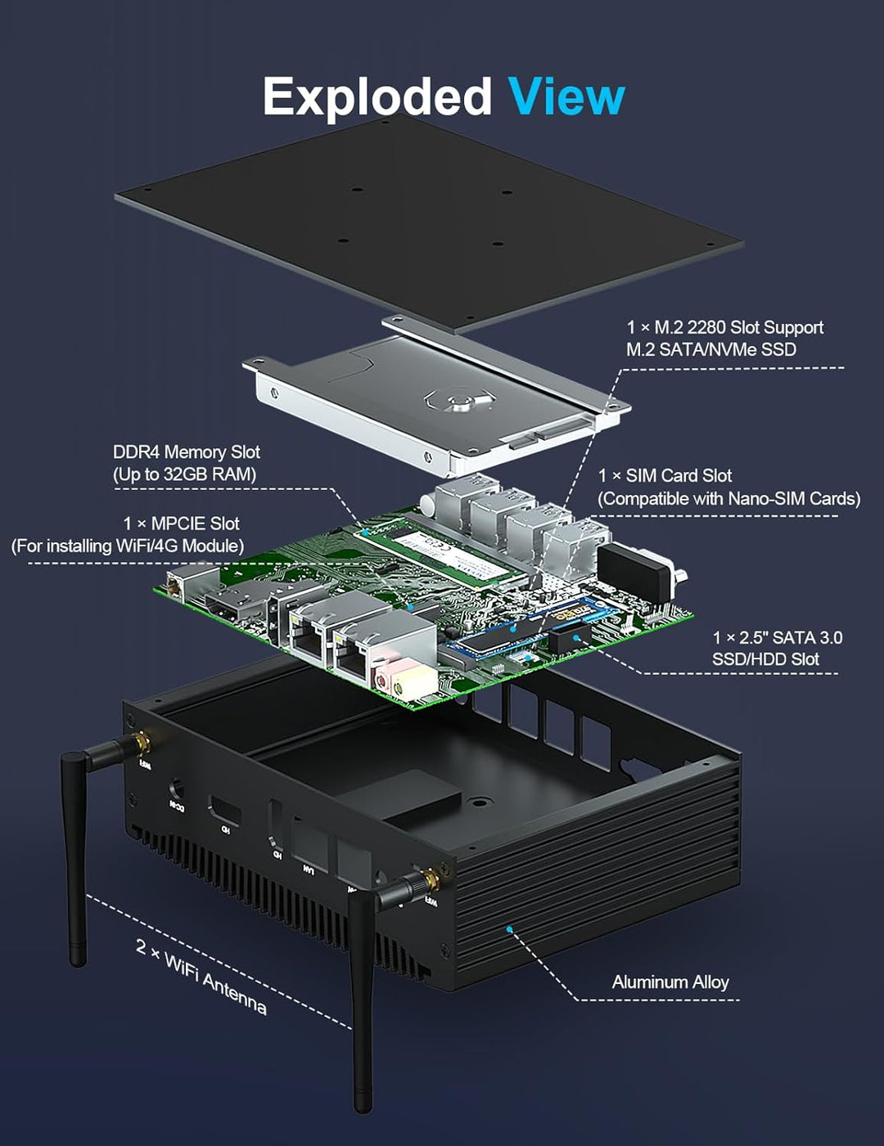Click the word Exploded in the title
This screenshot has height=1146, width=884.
(x=377, y=97)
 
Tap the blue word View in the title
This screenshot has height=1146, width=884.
(x=566, y=97)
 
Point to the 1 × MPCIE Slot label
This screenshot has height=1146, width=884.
(x=181, y=524)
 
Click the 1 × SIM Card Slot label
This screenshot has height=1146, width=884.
(x=665, y=476)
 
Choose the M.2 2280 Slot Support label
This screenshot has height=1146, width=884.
(x=724, y=328)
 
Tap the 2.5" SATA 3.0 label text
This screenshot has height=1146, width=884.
(x=776, y=638)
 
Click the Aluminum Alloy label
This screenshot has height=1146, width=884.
(x=670, y=982)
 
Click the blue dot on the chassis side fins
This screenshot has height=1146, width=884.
(x=509, y=929)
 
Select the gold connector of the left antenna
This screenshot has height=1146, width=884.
(x=142, y=743)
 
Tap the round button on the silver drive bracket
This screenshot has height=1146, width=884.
(x=460, y=400)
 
